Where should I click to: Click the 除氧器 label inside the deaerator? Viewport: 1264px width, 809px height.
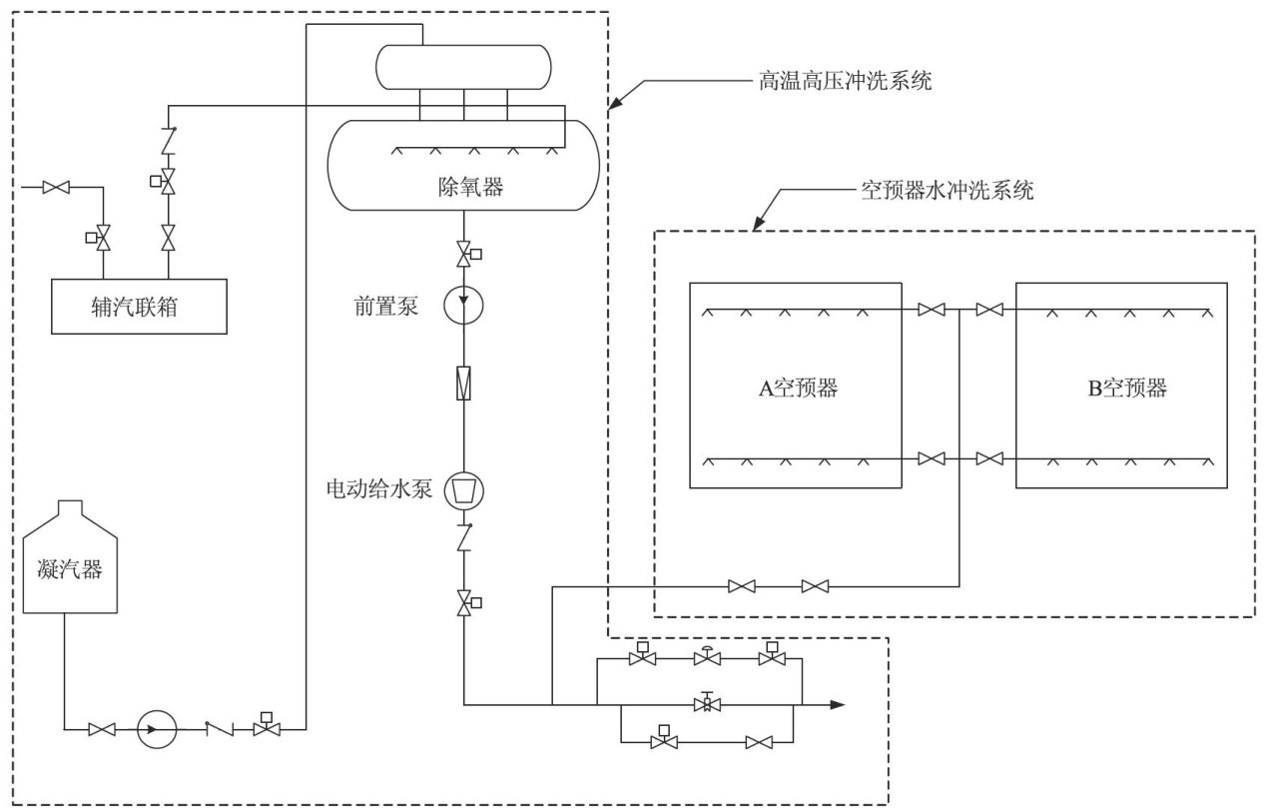[x=464, y=187]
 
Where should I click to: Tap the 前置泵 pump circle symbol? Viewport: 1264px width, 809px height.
[x=464, y=307]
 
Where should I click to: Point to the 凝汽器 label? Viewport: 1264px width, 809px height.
[x=70, y=572]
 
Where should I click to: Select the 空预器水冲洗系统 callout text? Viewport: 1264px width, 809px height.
[x=947, y=191]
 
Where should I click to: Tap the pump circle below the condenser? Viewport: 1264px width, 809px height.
[x=156, y=729]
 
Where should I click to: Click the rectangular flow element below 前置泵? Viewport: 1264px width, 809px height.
[x=464, y=384]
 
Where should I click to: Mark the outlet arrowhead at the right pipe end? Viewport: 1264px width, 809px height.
[x=838, y=704]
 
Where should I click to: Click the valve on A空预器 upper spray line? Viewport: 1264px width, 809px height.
[x=931, y=311]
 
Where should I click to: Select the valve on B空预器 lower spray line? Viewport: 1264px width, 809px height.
[x=989, y=458]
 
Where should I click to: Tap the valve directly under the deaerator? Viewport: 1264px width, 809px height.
[x=464, y=254]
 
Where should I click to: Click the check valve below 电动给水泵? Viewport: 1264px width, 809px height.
[x=464, y=539]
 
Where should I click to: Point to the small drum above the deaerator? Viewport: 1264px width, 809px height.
[x=462, y=66]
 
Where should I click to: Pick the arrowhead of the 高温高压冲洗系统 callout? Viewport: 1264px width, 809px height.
[x=614, y=103]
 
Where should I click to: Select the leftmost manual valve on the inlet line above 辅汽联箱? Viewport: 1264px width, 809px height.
[x=56, y=187]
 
